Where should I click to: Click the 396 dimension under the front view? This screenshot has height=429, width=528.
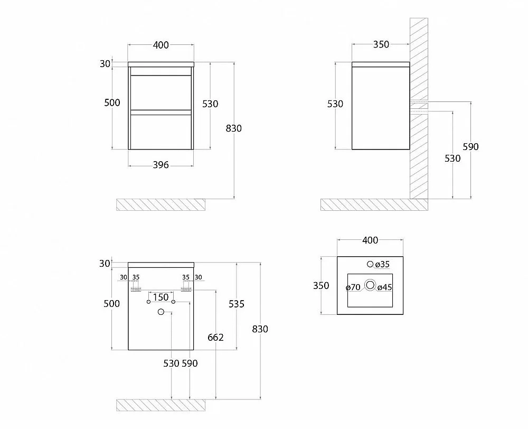tap(161, 165)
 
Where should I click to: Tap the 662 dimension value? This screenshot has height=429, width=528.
tap(215, 337)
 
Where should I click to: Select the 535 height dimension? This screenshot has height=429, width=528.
tap(237, 304)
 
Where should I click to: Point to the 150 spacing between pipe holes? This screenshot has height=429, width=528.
tap(161, 297)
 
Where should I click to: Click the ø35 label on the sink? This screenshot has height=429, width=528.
tap(382, 265)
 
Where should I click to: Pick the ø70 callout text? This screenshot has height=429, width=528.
tap(353, 287)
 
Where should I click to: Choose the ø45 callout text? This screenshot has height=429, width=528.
tap(384, 287)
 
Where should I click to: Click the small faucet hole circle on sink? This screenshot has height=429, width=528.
tap(370, 264)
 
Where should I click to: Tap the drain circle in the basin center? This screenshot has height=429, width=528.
tap(370, 285)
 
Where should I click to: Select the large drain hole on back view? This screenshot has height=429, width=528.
tap(161, 312)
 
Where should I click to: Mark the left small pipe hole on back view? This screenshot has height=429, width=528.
tap(148, 302)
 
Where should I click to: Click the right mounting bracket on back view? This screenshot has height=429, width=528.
tap(186, 290)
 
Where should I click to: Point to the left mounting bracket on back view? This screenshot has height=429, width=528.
tap(136, 290)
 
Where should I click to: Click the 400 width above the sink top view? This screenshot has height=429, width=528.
tap(370, 240)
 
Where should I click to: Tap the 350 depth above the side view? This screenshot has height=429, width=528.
tap(381, 44)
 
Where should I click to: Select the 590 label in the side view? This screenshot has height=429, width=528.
tap(470, 146)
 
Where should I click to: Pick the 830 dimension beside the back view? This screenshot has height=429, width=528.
tap(260, 329)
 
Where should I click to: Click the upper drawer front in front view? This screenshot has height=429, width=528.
tap(161, 92)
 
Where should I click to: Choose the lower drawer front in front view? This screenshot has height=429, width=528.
tap(161, 133)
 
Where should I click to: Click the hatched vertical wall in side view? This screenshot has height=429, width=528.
tap(419, 108)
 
